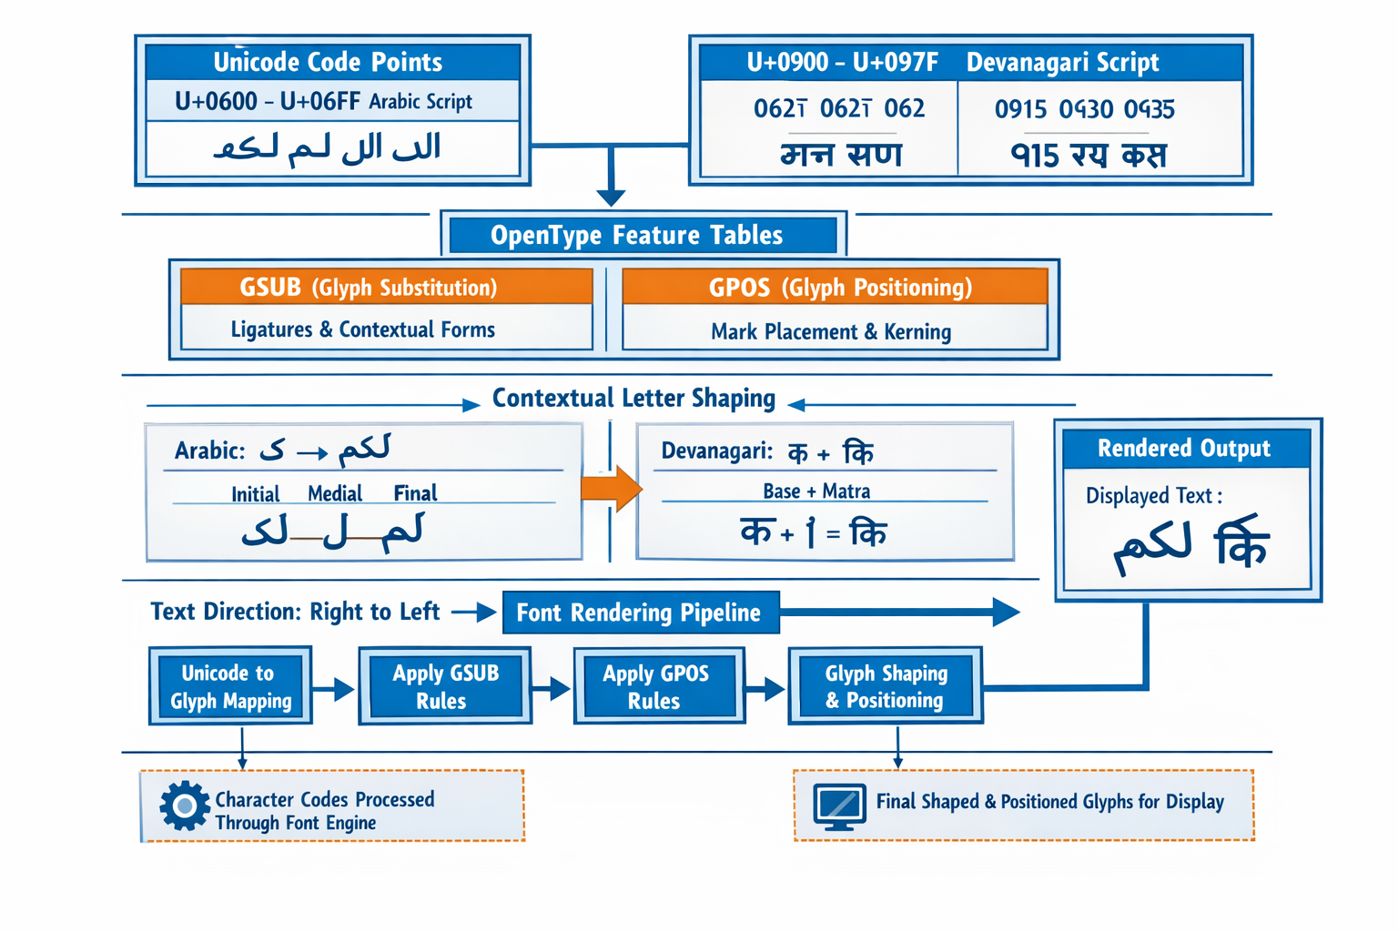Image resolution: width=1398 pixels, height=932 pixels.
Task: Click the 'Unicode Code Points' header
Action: click(x=328, y=62)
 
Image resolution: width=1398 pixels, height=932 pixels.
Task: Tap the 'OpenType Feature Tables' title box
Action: click(x=636, y=236)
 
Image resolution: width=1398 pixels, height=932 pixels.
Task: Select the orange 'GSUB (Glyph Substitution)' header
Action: click(x=369, y=288)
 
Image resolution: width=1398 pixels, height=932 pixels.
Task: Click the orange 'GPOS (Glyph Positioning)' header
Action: click(x=839, y=288)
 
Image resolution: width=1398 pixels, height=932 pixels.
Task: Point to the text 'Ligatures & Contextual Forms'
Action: click(x=362, y=329)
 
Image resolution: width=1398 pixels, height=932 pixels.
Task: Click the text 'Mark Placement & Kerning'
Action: click(x=830, y=332)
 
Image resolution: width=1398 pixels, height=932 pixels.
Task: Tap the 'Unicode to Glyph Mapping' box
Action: click(x=230, y=686)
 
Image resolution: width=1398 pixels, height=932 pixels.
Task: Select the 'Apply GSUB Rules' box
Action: click(x=444, y=686)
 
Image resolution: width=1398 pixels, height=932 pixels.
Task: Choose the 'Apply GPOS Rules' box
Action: click(x=657, y=686)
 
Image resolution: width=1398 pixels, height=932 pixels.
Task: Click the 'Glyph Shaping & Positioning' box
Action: click(x=885, y=686)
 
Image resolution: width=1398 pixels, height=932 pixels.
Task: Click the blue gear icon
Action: click(x=185, y=805)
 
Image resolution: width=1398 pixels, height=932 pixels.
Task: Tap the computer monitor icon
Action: click(x=839, y=805)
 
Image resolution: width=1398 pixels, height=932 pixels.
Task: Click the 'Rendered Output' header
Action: click(x=1183, y=449)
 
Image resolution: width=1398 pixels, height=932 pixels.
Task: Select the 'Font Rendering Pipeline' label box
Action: click(x=640, y=613)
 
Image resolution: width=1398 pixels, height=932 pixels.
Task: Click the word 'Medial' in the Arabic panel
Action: click(x=335, y=493)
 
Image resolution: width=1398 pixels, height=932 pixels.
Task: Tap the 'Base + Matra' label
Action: click(x=816, y=491)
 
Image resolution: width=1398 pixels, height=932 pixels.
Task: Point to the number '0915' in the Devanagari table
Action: click(x=1020, y=110)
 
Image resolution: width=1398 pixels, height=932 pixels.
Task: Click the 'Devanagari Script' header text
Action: click(x=1062, y=62)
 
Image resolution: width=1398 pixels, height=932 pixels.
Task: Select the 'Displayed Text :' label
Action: click(x=1153, y=496)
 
